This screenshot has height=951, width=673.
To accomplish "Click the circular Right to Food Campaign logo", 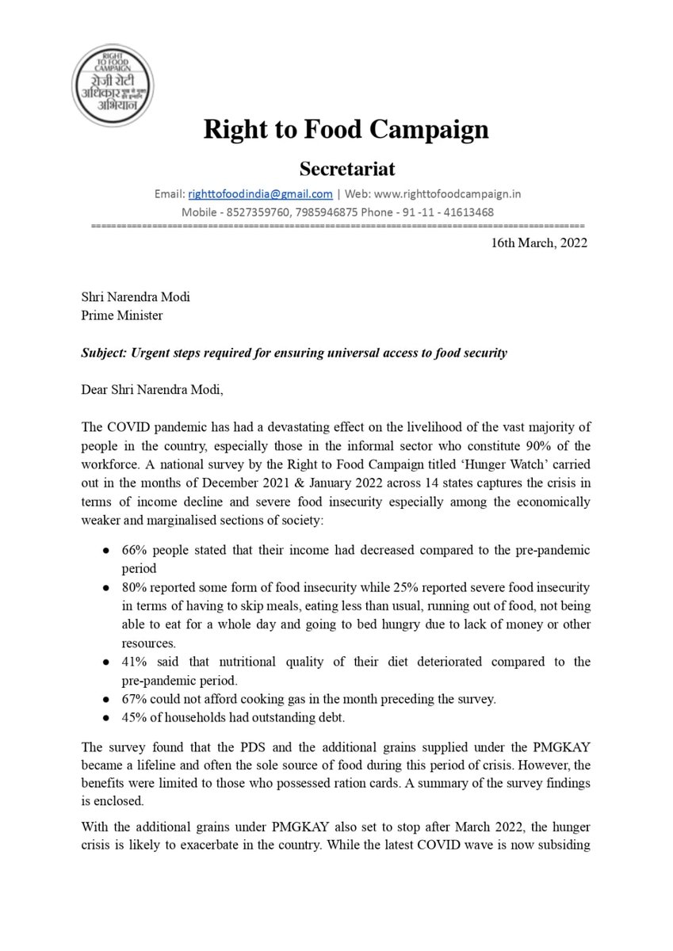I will tap(113, 85).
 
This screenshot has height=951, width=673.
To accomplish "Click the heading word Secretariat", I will tap(346, 169).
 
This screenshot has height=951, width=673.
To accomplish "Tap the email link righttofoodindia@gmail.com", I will tap(260, 194).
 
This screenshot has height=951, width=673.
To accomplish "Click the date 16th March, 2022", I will tap(539, 243).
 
